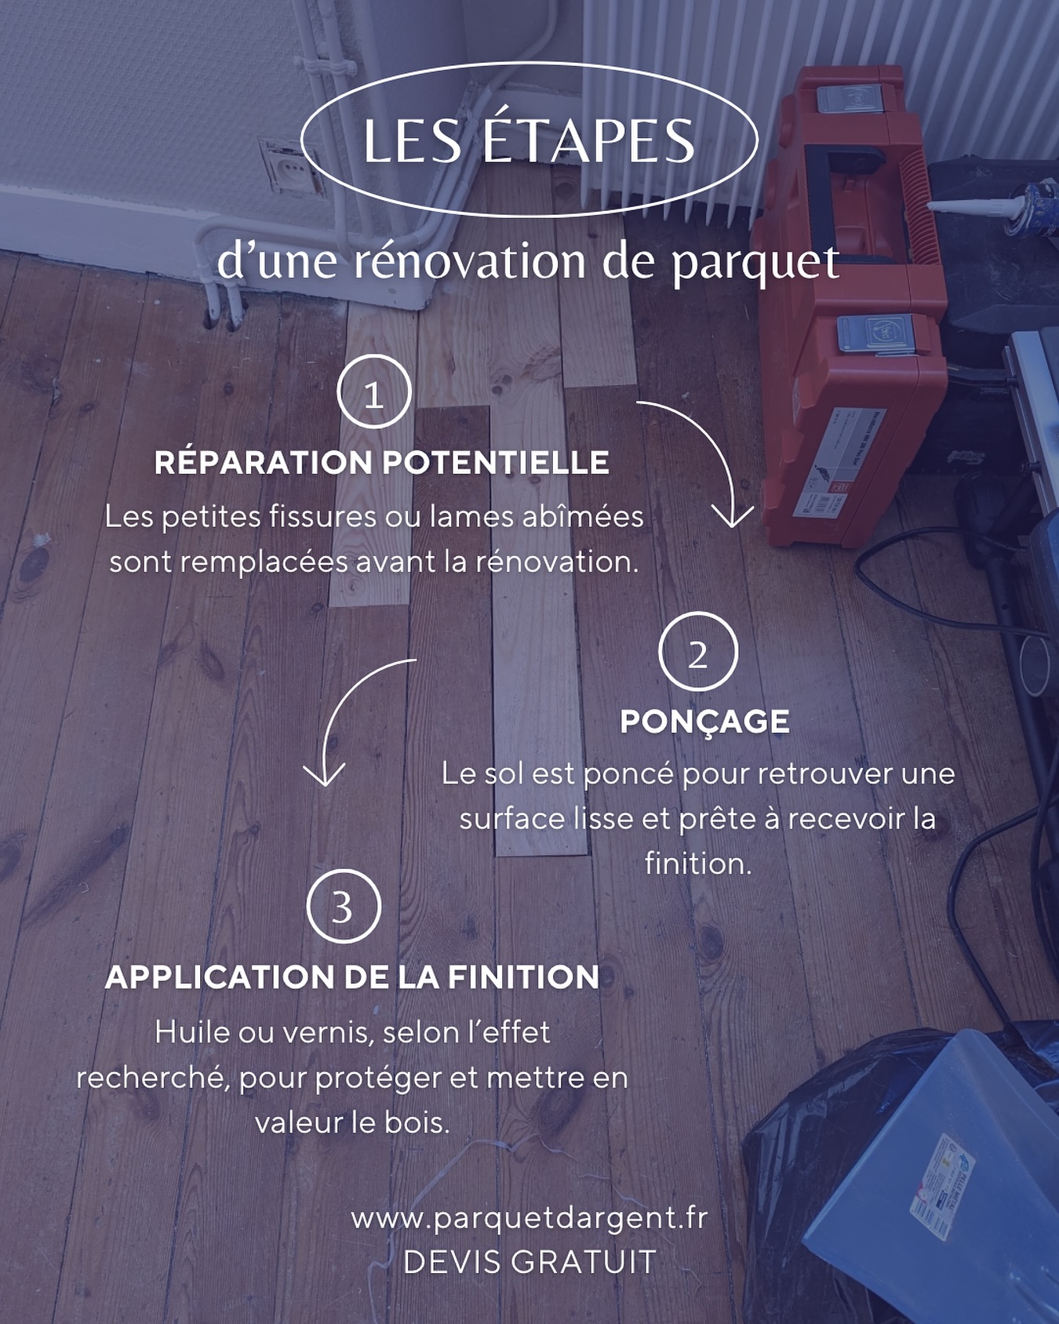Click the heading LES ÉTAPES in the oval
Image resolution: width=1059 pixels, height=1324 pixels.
(x=529, y=141)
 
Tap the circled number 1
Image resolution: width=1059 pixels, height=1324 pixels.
(x=374, y=392)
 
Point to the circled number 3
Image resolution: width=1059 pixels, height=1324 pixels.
(x=343, y=906)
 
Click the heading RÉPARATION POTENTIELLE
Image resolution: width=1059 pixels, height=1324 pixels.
(x=381, y=463)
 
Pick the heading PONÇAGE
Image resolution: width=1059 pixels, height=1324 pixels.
(x=704, y=722)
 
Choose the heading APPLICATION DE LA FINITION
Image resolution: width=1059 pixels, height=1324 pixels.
(x=352, y=977)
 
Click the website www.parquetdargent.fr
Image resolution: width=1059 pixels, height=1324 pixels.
(x=529, y=1218)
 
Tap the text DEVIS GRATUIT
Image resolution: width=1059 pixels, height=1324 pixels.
(x=529, y=1262)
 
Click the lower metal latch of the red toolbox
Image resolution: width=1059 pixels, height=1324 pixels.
(x=877, y=333)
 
